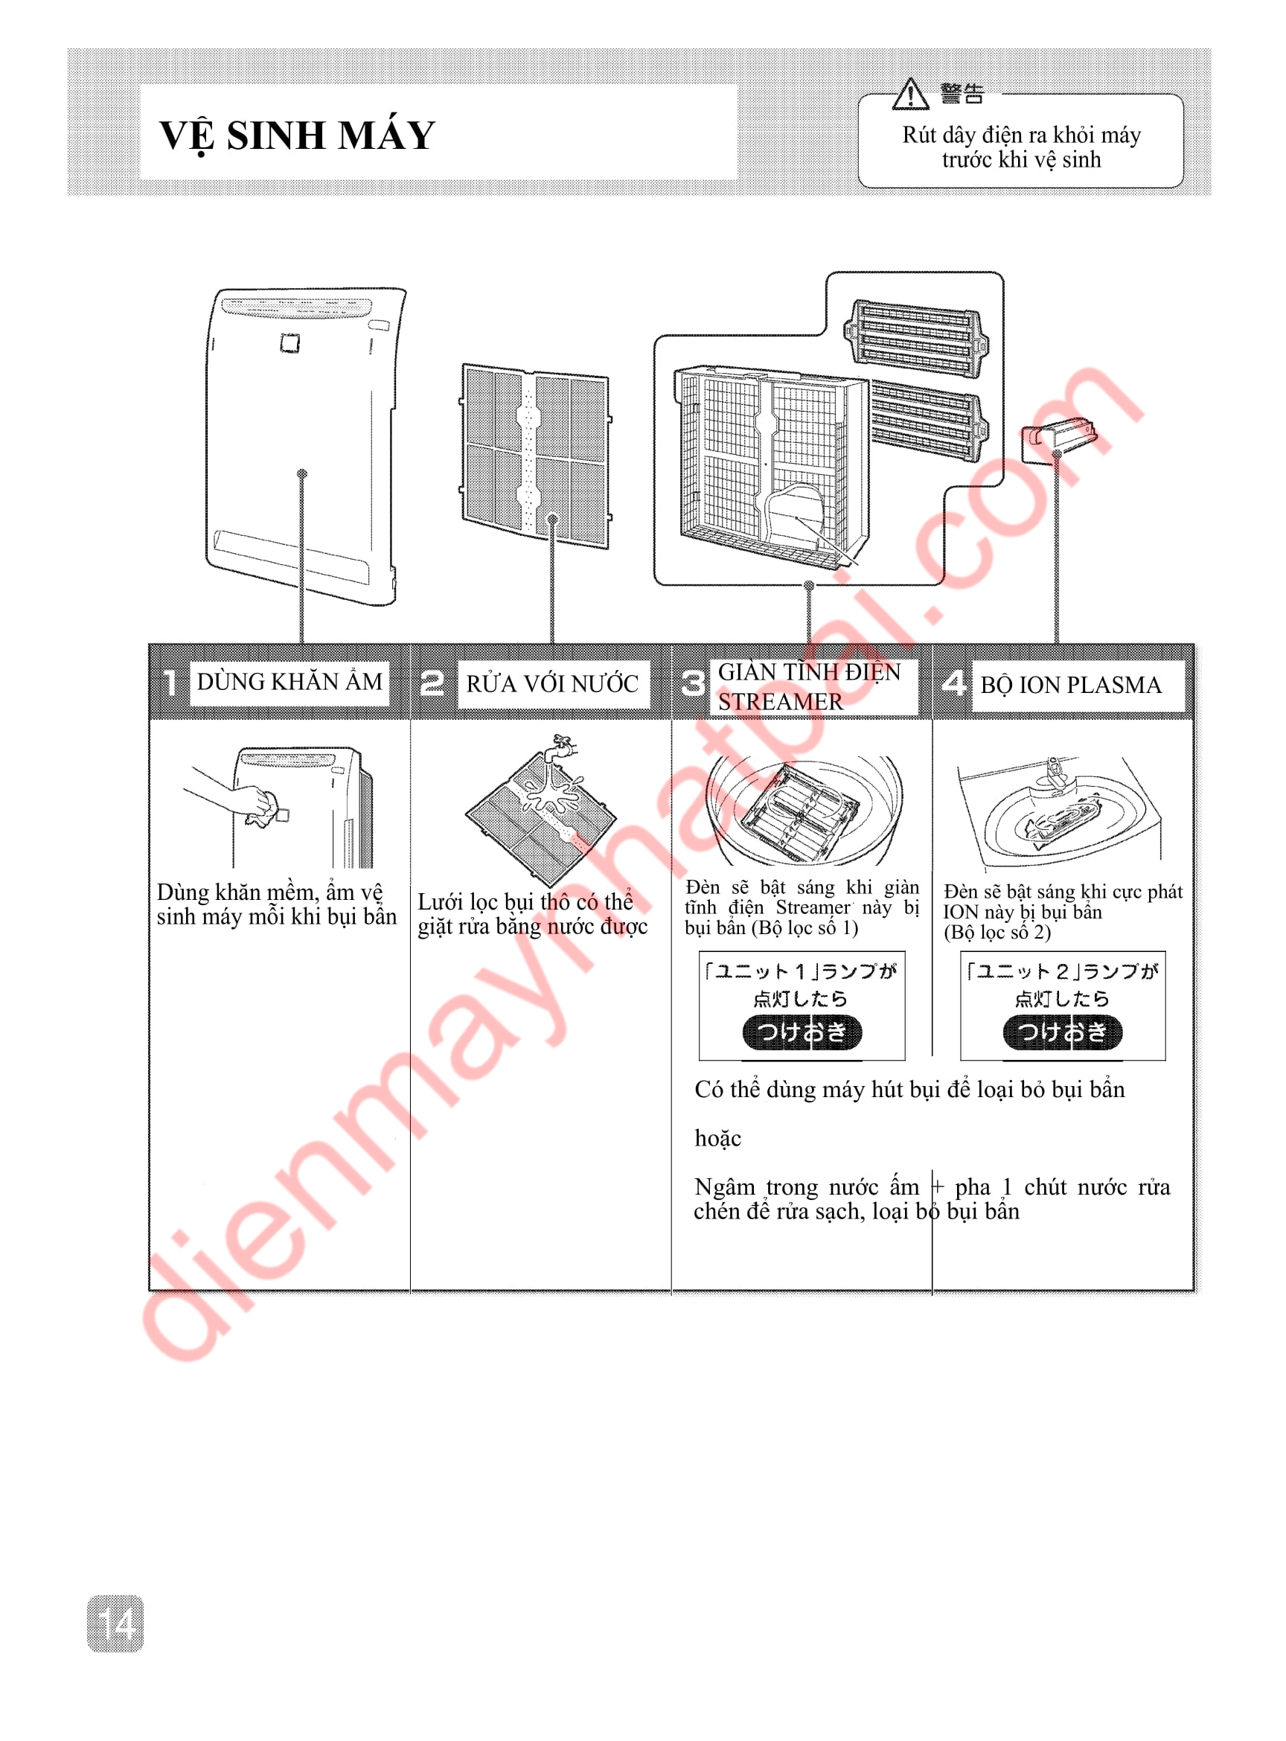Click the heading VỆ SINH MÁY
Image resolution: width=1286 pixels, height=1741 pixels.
(x=297, y=136)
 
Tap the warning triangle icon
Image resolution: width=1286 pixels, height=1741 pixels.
(x=910, y=95)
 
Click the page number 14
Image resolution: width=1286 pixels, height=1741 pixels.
(x=115, y=1623)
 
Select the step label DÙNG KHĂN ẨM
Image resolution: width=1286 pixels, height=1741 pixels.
(x=289, y=682)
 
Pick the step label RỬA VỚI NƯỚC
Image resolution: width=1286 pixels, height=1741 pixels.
(x=552, y=683)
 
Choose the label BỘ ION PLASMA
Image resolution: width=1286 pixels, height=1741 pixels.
(x=1070, y=686)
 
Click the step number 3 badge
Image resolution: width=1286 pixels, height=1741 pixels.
(x=693, y=683)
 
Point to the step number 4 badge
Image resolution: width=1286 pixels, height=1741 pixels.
(x=954, y=683)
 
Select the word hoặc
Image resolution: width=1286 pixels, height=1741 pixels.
(x=717, y=1138)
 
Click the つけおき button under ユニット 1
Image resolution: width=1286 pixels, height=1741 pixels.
(x=802, y=1032)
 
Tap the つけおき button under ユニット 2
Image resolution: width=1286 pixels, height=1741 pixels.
(x=1063, y=1032)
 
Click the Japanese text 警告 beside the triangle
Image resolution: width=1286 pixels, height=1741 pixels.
(x=962, y=95)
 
